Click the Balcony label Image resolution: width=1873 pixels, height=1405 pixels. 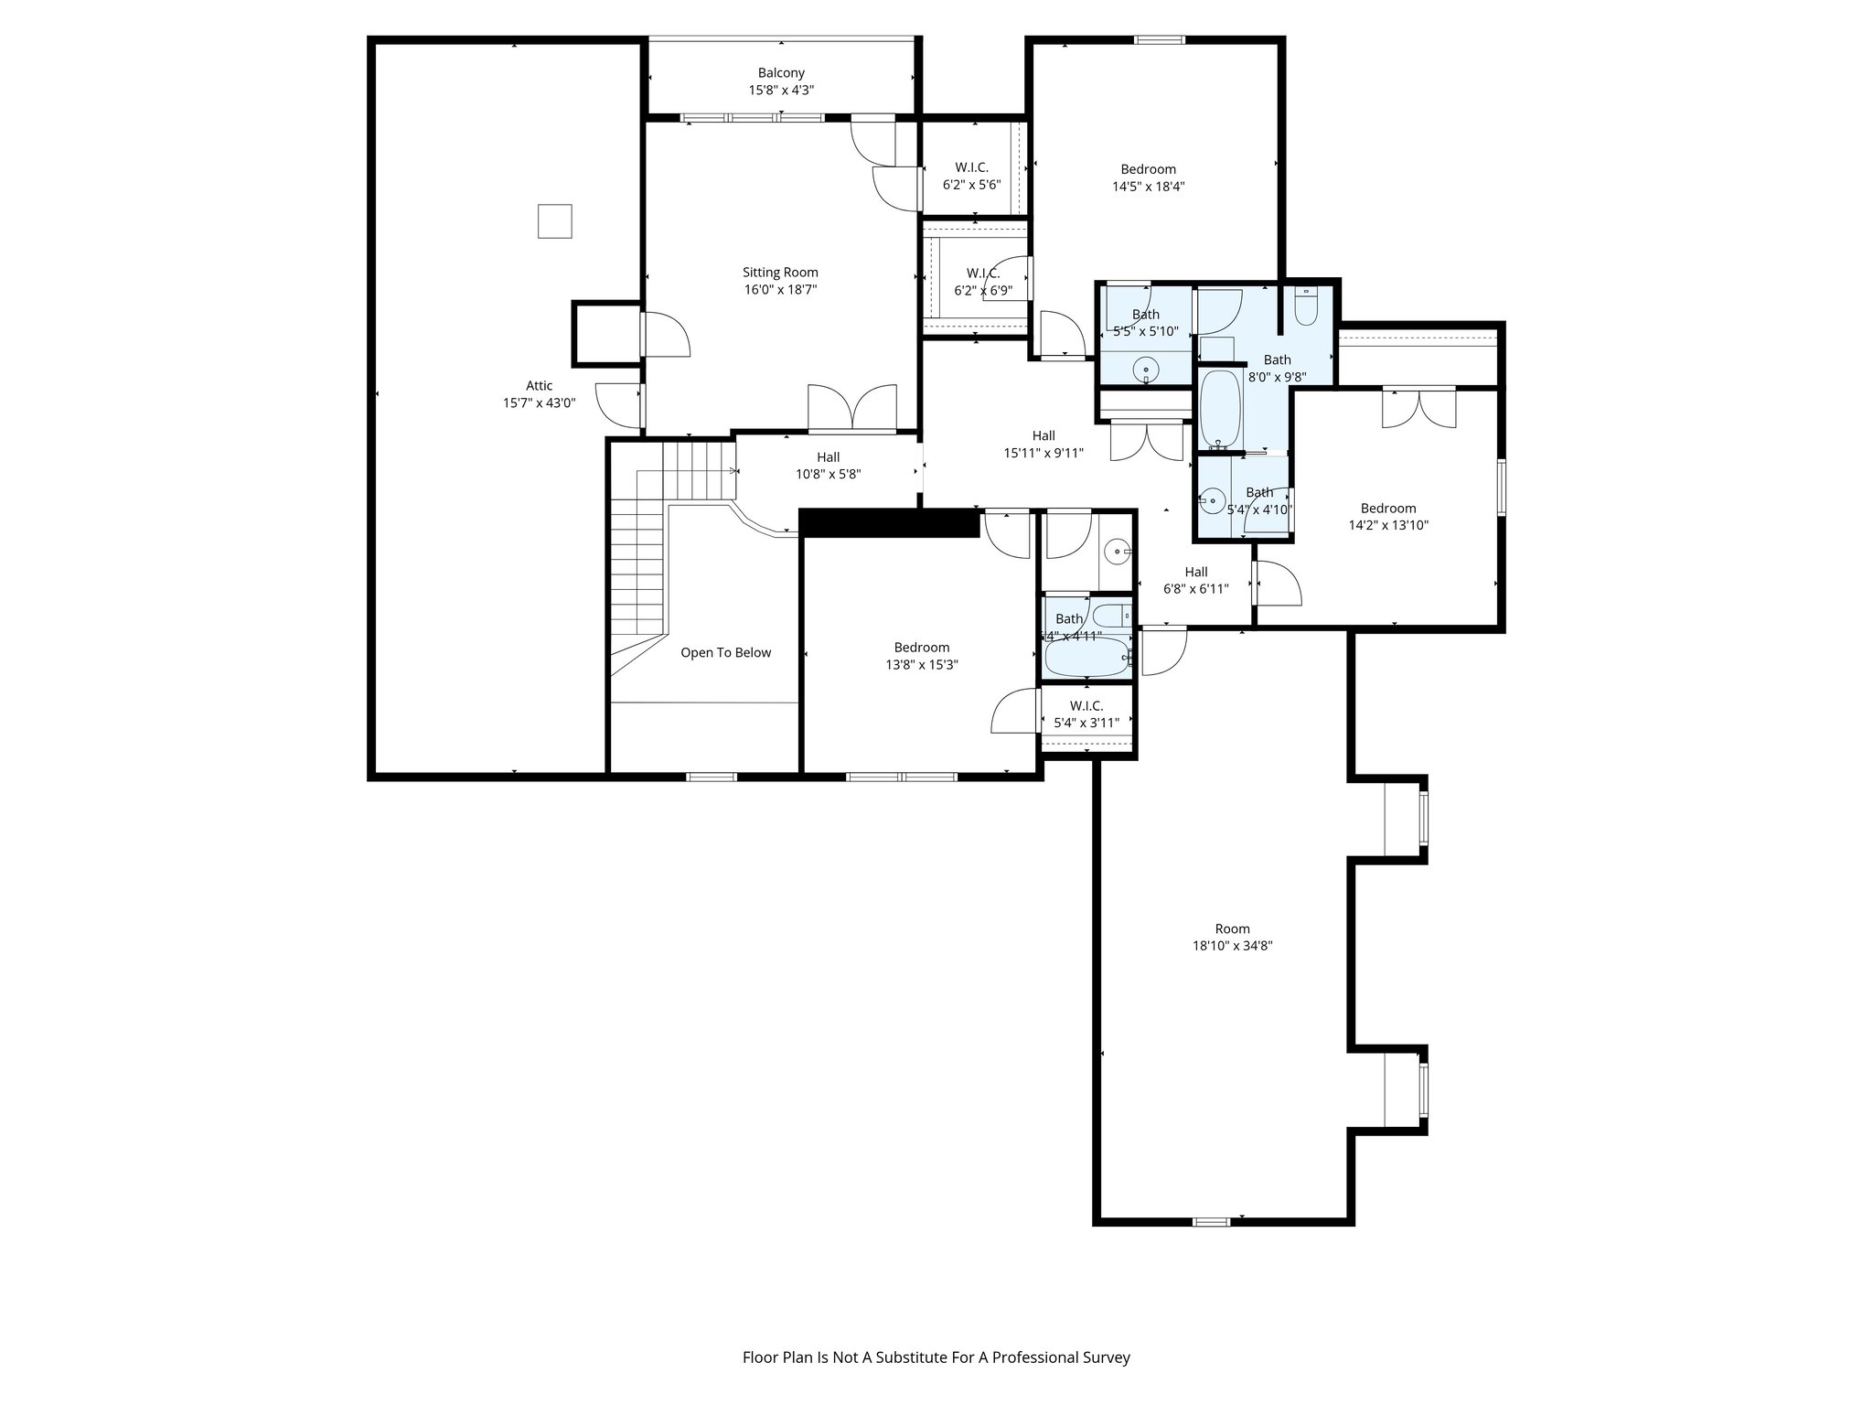pyautogui.click(x=781, y=73)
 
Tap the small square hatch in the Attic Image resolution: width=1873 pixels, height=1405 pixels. pyautogui.click(x=554, y=221)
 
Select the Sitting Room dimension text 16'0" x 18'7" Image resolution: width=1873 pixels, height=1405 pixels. pyautogui.click(x=780, y=290)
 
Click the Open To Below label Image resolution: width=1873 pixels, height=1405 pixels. pyautogui.click(x=725, y=653)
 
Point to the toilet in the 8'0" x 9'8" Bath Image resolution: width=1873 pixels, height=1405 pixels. pyautogui.click(x=1305, y=308)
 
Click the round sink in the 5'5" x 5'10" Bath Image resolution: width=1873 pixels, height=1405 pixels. pyautogui.click(x=1145, y=370)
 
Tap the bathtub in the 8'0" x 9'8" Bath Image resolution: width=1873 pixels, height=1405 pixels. pyautogui.click(x=1219, y=409)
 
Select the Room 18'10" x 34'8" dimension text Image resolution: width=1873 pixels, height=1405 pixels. pyautogui.click(x=1232, y=947)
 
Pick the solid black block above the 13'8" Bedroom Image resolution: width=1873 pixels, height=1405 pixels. pyautogui.click(x=889, y=522)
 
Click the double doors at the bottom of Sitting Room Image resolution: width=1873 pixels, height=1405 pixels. pyautogui.click(x=851, y=408)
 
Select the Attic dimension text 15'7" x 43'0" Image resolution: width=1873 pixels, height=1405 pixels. pyautogui.click(x=539, y=403)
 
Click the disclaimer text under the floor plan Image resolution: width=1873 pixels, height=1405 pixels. pyautogui.click(x=936, y=1357)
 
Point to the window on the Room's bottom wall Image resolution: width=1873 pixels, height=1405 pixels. pyautogui.click(x=1212, y=1221)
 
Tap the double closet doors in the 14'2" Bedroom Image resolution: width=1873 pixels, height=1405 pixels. pyautogui.click(x=1418, y=408)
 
